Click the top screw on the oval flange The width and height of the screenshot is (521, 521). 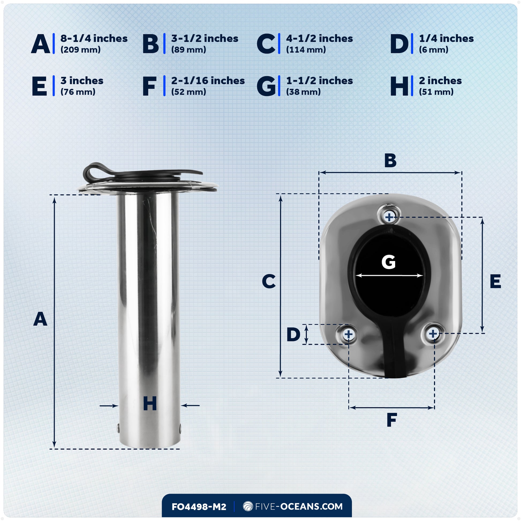[389, 217]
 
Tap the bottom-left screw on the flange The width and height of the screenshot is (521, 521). [348, 334]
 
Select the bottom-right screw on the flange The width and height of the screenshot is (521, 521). [433, 334]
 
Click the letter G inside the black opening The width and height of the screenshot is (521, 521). [388, 262]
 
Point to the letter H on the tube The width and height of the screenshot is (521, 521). [150, 404]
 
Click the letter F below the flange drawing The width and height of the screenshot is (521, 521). [392, 420]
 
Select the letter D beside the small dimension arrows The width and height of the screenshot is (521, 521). [293, 334]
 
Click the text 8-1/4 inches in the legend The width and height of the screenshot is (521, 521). [94, 39]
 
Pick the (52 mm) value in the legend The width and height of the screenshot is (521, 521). [188, 92]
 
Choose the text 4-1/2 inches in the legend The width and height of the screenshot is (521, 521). [319, 39]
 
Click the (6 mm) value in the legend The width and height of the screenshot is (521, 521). [433, 50]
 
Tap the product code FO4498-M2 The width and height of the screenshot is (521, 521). [199, 507]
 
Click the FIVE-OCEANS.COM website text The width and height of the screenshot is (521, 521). [299, 507]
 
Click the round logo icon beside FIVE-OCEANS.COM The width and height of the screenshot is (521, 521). [248, 507]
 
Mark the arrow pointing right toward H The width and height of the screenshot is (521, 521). [109, 406]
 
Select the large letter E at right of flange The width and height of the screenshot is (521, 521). [495, 282]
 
